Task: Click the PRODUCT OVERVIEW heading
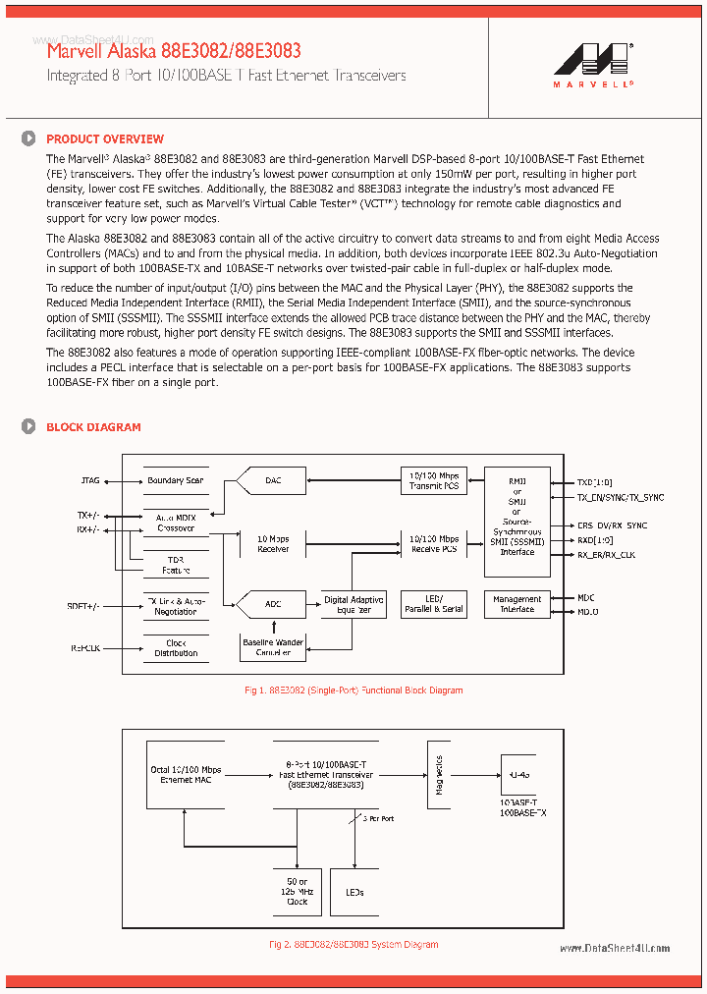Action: pos(105,139)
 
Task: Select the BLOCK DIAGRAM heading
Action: pos(93,427)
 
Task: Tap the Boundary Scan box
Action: pos(176,480)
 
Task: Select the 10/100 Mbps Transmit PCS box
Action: pos(434,480)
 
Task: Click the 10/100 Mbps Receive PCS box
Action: pos(434,543)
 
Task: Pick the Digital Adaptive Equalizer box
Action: pos(354,604)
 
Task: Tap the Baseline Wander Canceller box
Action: pos(274,646)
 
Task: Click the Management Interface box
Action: pos(517,604)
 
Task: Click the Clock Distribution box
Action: pos(176,648)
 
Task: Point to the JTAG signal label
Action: pos(89,481)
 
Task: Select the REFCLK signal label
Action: pos(84,648)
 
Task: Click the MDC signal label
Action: pos(586,596)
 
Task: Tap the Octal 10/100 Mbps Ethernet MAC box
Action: pos(187,774)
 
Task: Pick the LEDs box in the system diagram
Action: pos(354,892)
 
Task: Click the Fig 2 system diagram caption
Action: pos(353,945)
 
